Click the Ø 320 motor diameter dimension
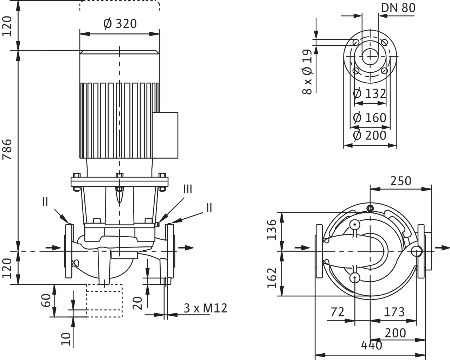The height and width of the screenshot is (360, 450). coord(120,24)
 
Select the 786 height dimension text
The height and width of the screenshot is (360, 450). coord(7,149)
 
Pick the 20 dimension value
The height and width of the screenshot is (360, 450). coord(139,302)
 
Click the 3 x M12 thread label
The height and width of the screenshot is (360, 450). coord(206,308)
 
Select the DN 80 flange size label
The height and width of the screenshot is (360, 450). coord(398,8)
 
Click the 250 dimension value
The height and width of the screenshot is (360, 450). coord(400,181)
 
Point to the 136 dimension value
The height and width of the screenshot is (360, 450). coord(271,230)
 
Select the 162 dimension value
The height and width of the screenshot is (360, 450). coord(271,278)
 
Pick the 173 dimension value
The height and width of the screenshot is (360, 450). coord(394,312)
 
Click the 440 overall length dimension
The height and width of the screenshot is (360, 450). coord(372,346)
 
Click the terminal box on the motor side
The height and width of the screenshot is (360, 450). coord(169,134)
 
